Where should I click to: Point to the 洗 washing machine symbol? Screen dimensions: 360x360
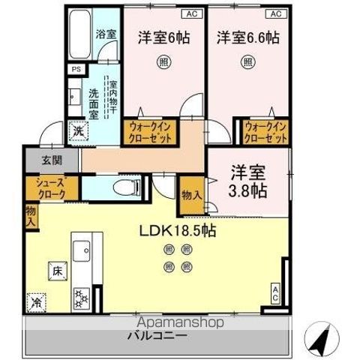click(x=78, y=130)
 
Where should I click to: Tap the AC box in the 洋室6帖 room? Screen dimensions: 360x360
click(x=190, y=13)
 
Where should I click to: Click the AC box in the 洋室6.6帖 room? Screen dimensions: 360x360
click(x=274, y=13)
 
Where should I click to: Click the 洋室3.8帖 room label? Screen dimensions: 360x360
click(x=247, y=179)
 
